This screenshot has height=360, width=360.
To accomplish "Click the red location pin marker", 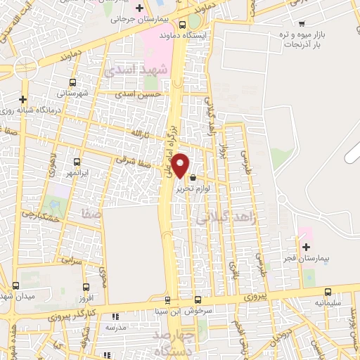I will (181, 166).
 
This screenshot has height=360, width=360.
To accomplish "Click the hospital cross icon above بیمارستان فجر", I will (306, 247).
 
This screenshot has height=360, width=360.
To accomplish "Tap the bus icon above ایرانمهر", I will (77, 162).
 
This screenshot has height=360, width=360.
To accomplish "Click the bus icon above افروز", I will (86, 287).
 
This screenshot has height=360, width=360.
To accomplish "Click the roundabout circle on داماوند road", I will (24, 67).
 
